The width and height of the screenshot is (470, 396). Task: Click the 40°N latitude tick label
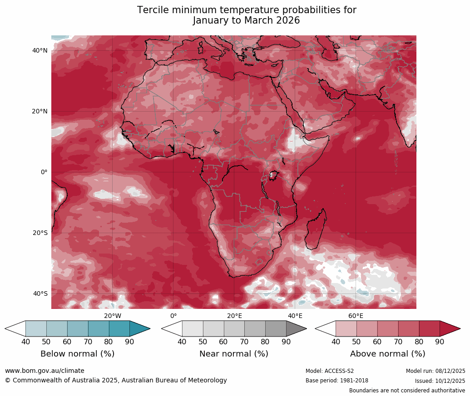point(40,50)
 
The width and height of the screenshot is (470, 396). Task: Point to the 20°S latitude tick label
point(40,233)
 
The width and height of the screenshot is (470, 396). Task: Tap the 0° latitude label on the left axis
point(44,172)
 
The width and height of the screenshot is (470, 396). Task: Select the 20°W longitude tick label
point(113,316)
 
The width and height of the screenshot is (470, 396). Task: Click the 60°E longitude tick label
point(356,316)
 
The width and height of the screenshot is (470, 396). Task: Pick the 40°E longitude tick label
point(295,316)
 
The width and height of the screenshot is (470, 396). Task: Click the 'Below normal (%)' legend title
point(77,354)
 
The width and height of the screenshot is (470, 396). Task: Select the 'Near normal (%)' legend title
point(234,354)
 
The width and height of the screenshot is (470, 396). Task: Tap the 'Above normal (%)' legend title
point(387,354)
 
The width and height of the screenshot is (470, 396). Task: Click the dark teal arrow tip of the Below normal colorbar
point(140,328)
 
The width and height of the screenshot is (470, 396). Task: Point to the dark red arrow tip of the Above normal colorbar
point(450,328)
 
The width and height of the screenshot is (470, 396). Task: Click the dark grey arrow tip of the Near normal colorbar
point(296,328)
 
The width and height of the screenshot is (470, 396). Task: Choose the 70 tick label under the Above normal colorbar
point(398,342)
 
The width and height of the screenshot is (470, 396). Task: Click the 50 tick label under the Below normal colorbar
point(46,342)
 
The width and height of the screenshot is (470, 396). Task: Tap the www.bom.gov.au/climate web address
point(45,371)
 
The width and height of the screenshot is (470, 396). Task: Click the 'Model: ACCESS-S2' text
point(330,371)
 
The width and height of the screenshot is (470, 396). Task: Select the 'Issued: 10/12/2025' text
point(440,381)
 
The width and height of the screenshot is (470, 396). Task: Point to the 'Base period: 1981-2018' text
point(337,381)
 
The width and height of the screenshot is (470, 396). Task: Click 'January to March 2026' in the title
point(247,20)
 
